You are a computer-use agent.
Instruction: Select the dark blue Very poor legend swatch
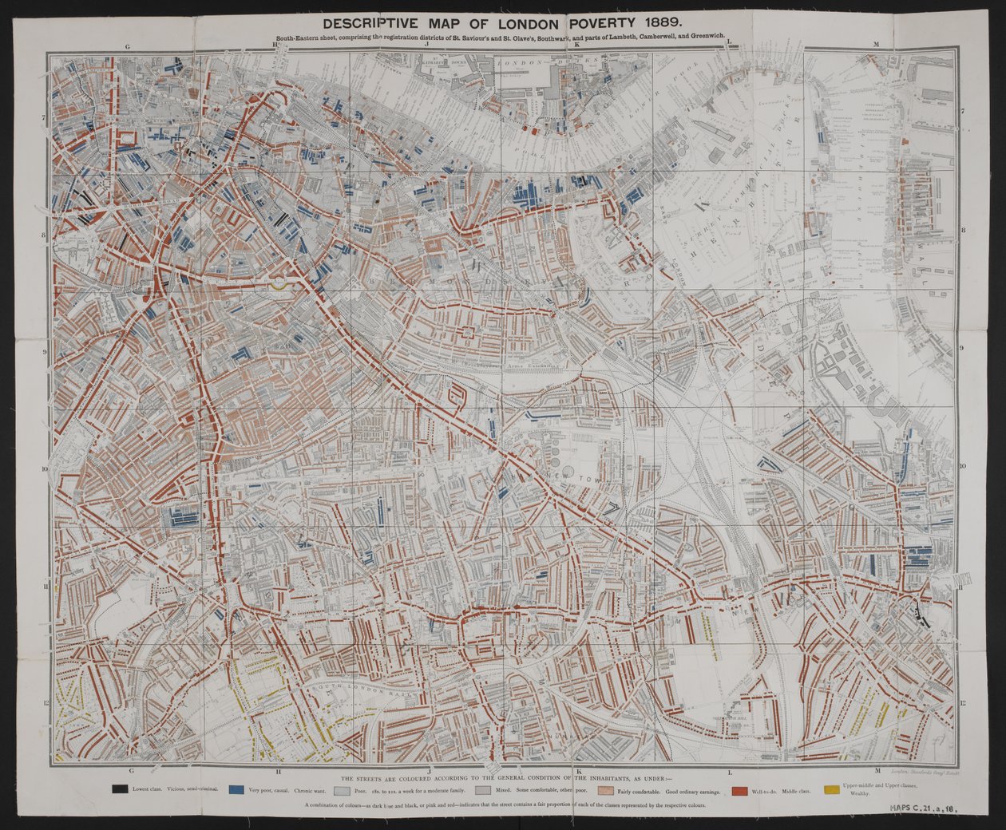(x=236, y=790)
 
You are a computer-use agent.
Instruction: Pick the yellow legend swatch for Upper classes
(x=831, y=790)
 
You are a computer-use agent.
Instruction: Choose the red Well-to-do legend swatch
(x=741, y=790)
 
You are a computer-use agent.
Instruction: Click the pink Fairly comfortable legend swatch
(x=606, y=790)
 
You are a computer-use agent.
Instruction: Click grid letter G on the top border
(x=127, y=46)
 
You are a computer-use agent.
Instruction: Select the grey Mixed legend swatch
(x=481, y=790)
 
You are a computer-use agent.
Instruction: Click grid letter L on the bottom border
(x=728, y=771)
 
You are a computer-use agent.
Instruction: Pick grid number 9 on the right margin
(x=964, y=348)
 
